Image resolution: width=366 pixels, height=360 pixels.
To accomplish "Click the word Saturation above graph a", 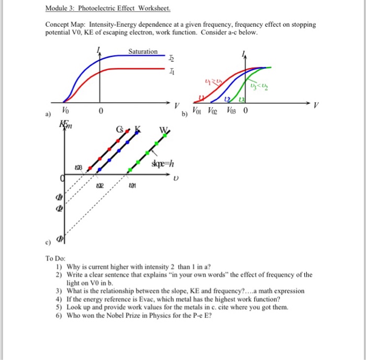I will [x=143, y=51].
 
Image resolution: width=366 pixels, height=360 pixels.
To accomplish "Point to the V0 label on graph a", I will [x=65, y=111].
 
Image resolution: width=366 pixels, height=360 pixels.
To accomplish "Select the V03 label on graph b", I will [x=232, y=111].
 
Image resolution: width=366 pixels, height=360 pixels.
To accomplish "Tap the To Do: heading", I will [x=55, y=258].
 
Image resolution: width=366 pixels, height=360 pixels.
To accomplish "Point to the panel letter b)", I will [x=185, y=114].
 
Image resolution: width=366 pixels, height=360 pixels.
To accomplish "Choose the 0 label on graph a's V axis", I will [x=101, y=111].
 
